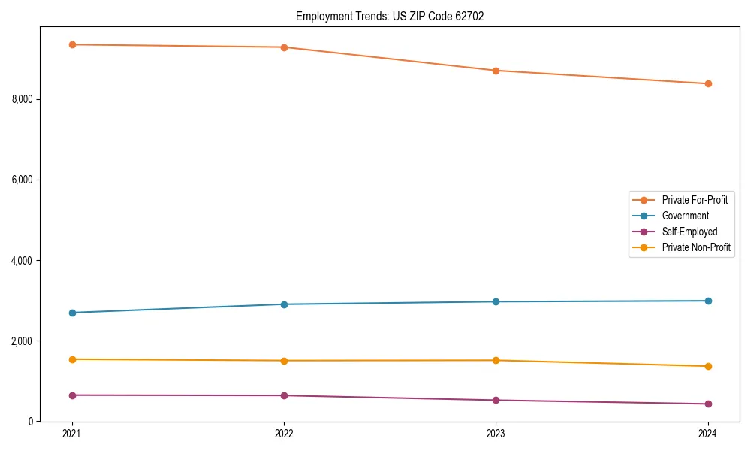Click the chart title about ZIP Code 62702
point(389,16)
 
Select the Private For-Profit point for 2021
point(72,44)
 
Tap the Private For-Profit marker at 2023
point(496,71)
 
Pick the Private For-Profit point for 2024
point(707,83)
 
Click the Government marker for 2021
point(72,313)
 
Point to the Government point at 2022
point(284,304)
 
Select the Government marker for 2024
point(707,301)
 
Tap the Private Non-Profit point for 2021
point(72,359)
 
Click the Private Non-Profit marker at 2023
point(496,360)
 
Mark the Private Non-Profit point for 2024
point(707,366)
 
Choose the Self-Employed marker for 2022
point(284,395)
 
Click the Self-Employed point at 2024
point(707,404)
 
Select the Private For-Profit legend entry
point(694,200)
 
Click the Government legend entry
point(685,216)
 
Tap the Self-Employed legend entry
point(689,232)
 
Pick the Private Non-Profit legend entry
point(696,247)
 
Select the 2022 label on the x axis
point(284,434)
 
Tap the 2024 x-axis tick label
point(707,434)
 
